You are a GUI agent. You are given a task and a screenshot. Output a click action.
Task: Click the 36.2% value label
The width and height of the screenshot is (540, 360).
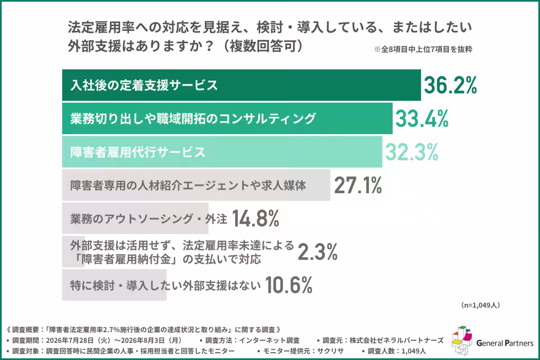coord(450,85)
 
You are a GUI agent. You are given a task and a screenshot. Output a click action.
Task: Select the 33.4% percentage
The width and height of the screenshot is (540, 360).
coord(422,118)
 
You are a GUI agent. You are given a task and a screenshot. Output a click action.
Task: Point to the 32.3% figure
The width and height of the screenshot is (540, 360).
coord(411,152)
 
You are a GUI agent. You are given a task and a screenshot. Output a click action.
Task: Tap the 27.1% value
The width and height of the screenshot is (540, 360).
coord(358,185)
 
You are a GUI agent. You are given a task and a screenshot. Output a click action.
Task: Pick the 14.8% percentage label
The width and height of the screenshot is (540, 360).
coord(256,218)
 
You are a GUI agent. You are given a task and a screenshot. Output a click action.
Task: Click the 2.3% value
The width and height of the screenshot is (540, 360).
coord(318,252)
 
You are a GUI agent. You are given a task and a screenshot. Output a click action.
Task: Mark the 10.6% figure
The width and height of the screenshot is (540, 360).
coord(288,285)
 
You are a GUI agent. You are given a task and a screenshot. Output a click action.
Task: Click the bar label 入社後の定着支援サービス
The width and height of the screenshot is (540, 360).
coord(144,85)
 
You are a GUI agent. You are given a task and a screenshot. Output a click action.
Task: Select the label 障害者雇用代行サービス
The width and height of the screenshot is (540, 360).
coord(138,152)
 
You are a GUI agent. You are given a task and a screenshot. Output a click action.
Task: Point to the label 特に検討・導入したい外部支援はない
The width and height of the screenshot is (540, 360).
coord(166,285)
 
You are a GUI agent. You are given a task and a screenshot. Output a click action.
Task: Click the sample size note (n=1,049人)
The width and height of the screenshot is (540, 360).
coord(481,305)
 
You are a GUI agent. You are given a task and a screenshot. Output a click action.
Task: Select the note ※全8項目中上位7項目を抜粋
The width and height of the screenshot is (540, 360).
coord(423,49)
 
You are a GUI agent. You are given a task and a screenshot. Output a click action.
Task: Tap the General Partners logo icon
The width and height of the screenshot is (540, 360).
coord(462,341)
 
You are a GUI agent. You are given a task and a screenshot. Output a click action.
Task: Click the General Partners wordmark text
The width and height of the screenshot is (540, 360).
coord(505,343)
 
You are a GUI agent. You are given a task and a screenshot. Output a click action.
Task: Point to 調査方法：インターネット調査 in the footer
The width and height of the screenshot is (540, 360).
coord(252,341)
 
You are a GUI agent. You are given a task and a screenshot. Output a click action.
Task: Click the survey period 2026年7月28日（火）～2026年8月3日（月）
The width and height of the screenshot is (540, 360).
coord(114,341)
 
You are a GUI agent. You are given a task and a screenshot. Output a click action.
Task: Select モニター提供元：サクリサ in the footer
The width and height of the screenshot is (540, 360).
coord(303,351)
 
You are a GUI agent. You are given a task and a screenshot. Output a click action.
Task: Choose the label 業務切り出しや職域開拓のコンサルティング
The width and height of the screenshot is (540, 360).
coord(193,119)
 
